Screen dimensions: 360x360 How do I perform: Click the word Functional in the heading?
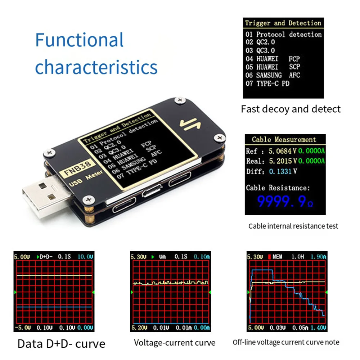pos(79,40)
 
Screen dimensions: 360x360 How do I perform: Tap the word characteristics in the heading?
pos(96,67)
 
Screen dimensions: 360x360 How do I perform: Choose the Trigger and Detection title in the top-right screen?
pos(283,23)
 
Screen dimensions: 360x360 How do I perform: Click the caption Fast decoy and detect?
pos(291,109)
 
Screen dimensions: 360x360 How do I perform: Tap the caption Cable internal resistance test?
pos(293,226)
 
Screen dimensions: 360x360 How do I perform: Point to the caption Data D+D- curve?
pos(61,343)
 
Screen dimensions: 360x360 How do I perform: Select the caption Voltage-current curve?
pos(175,343)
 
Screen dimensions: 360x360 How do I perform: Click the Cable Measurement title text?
pos(284,139)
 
